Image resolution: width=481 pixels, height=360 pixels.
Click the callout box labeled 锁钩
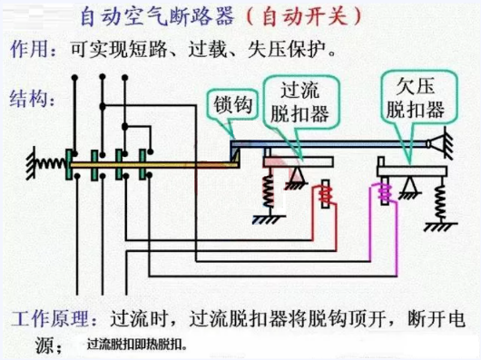click(x=232, y=105)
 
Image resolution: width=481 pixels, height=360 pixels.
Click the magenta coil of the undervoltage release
click(x=385, y=191)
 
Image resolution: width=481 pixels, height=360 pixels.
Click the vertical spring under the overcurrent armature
click(x=269, y=191)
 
